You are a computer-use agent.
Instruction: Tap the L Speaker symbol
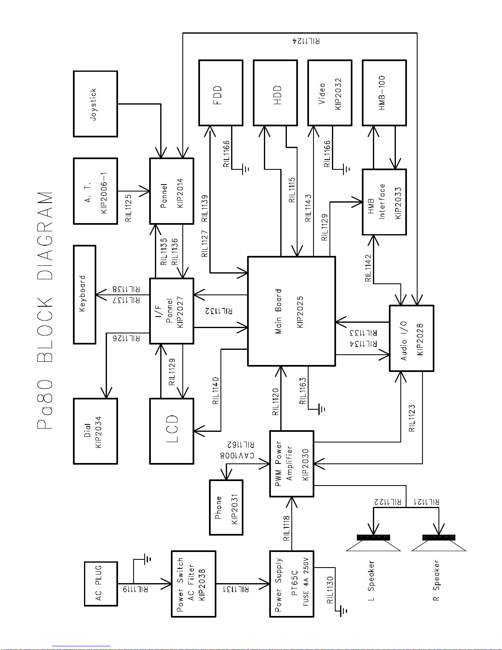coord(373,543)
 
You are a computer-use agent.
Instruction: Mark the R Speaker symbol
coord(438,543)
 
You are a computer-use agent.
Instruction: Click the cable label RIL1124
coord(306,41)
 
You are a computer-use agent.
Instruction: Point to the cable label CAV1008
coord(237,455)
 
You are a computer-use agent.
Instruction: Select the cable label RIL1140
coord(216,391)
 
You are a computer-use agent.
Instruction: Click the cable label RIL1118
coord(286,528)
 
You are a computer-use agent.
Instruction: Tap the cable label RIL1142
coord(368,268)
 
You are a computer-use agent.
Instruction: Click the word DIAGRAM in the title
coord(45,235)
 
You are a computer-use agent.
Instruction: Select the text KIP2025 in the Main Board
coord(300,312)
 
